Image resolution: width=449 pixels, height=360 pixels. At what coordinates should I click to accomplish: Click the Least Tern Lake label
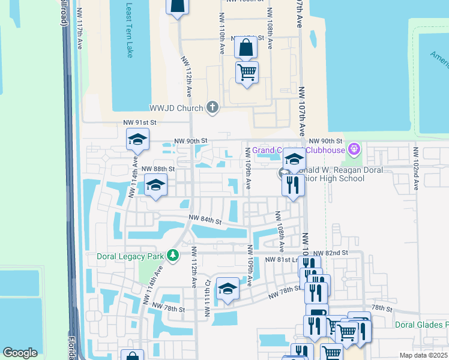coord(129,30)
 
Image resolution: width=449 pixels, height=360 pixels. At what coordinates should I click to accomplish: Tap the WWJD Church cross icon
coord(211,108)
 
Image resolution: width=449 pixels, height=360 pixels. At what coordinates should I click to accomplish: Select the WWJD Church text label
coord(176,109)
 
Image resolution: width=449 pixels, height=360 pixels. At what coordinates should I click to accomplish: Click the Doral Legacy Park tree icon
coord(173,256)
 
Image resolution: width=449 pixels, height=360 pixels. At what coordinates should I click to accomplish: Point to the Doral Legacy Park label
coord(130,256)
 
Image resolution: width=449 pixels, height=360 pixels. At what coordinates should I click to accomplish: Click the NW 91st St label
coord(140,122)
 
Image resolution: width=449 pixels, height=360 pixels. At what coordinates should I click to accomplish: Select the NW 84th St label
coord(205,220)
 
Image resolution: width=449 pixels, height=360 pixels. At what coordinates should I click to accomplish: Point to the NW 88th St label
coord(158,169)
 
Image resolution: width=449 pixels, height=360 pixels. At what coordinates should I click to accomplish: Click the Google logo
coord(20,353)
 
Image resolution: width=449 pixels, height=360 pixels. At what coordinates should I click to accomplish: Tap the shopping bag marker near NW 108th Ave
coord(246,46)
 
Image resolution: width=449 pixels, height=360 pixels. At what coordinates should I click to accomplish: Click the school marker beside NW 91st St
coord(137,140)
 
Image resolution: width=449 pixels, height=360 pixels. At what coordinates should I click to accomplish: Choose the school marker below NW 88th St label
coord(155,186)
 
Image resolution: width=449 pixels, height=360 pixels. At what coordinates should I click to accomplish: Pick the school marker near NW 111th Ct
coord(228,290)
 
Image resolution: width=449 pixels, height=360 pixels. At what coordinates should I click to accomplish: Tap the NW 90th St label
coord(190,141)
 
